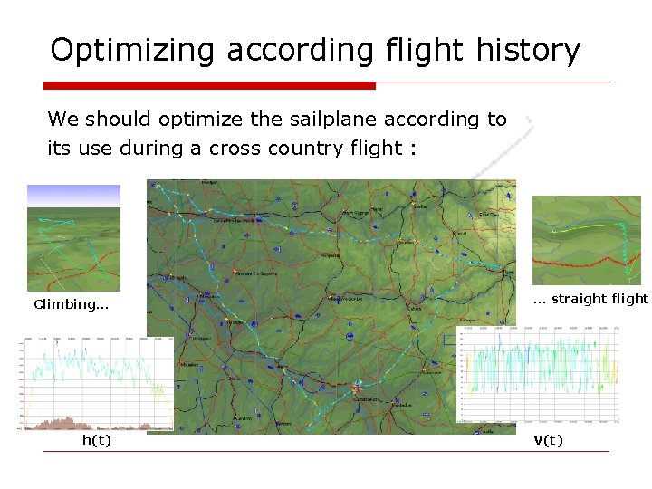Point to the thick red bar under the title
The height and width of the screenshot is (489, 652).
click(x=209, y=86)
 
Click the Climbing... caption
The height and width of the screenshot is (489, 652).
click(x=72, y=304)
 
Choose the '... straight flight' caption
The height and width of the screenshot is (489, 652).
click(x=590, y=299)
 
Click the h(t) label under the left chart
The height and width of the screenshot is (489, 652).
click(x=97, y=441)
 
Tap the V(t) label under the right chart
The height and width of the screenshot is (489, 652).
click(x=548, y=441)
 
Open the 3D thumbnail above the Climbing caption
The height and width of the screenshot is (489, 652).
click(x=73, y=238)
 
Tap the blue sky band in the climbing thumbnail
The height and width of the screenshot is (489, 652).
click(x=73, y=194)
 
